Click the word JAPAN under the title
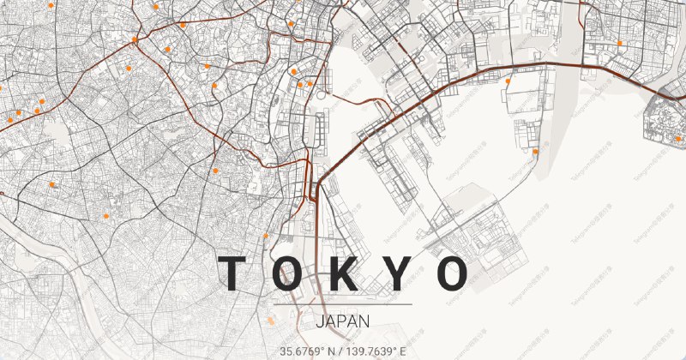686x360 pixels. [x=343, y=322]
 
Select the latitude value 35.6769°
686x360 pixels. [x=304, y=351]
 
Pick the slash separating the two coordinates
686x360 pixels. [x=344, y=351]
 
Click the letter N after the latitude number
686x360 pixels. [x=332, y=351]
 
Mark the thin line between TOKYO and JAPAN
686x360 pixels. [x=343, y=304]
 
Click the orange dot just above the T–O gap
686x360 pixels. [x=266, y=235]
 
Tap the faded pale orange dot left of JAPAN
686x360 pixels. [x=270, y=320]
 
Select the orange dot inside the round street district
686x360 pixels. [x=677, y=138]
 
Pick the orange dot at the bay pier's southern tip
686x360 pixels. [x=536, y=152]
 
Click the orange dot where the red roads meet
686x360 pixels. [x=135, y=39]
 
